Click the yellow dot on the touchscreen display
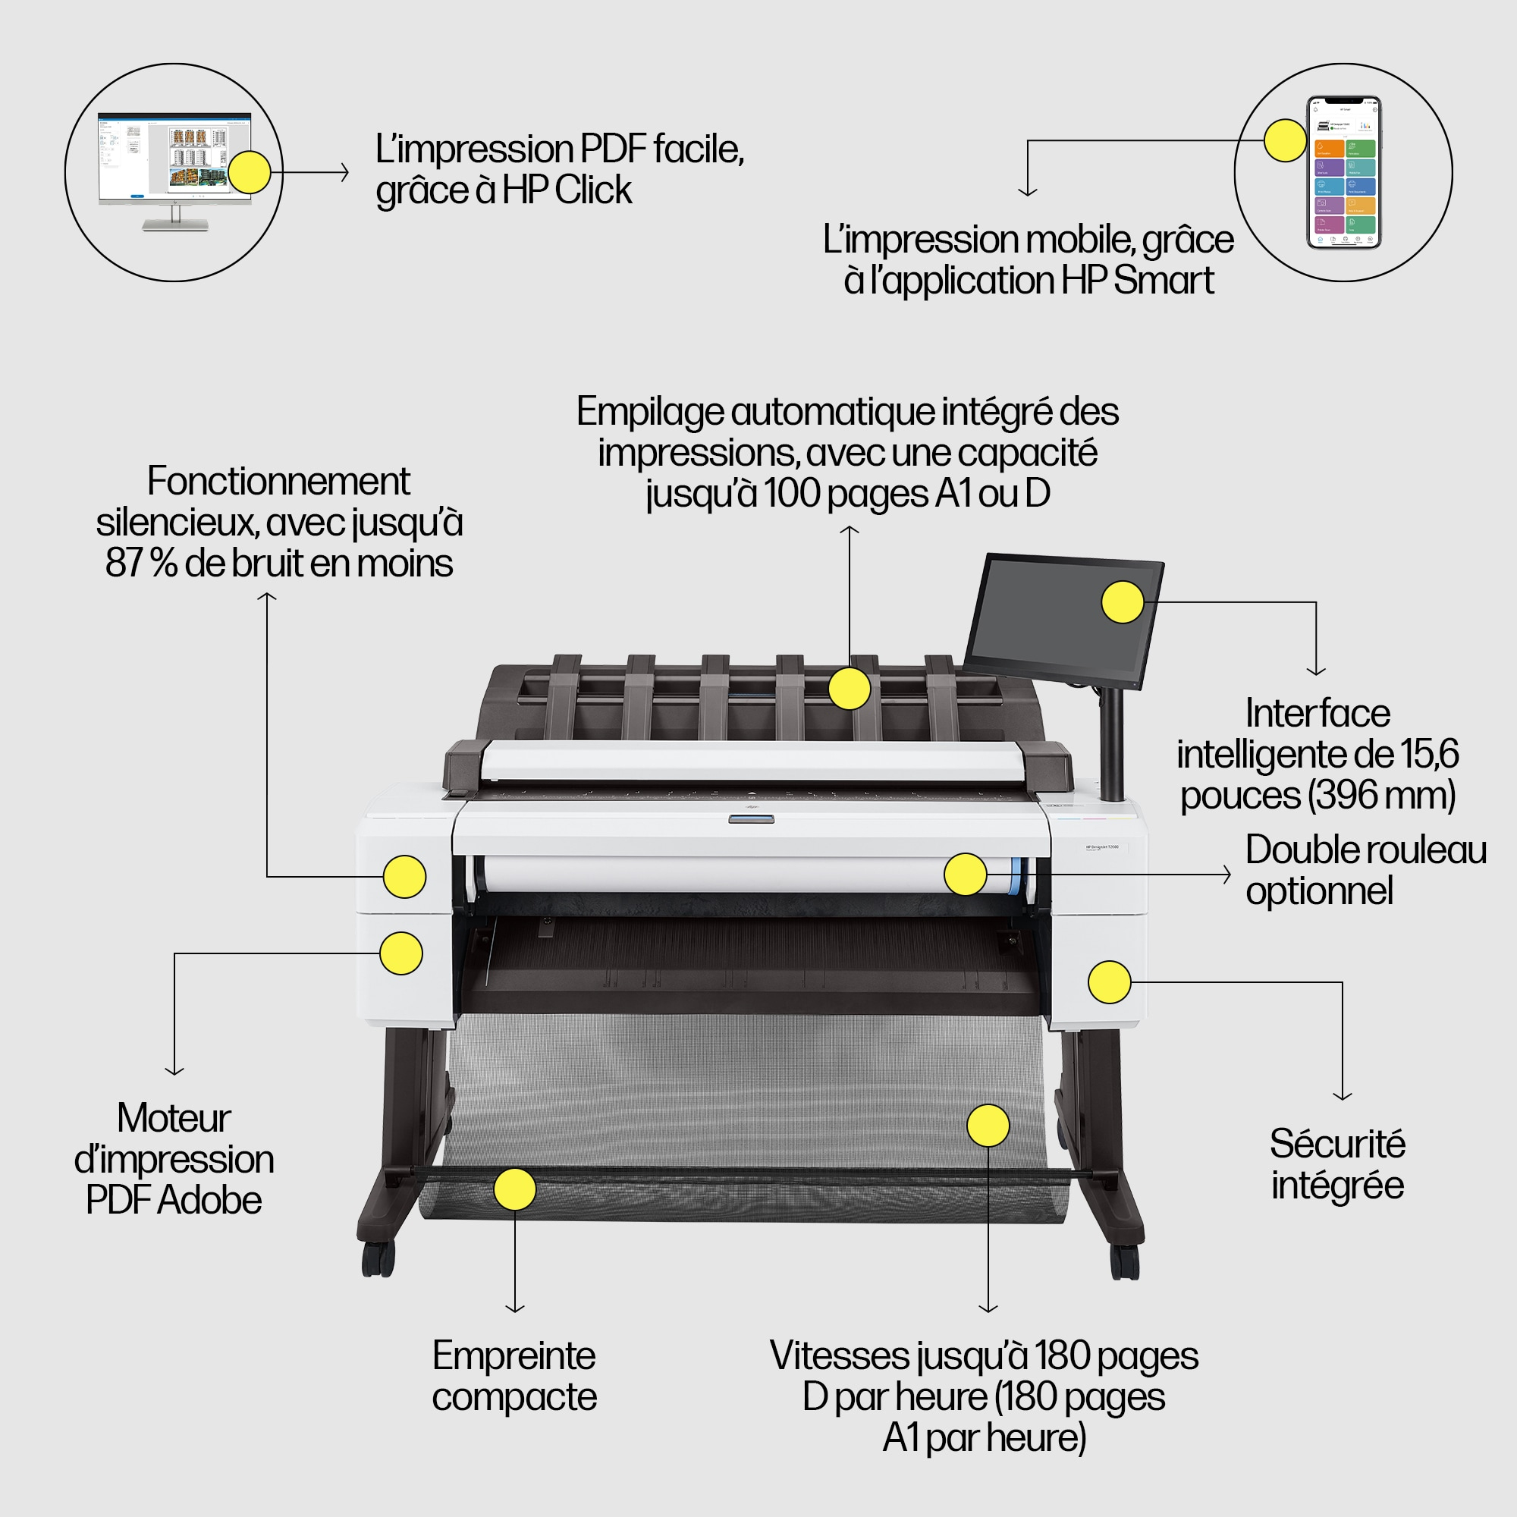click(1122, 602)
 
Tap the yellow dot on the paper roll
click(965, 874)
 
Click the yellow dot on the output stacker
click(850, 689)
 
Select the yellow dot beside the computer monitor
click(249, 172)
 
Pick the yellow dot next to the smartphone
click(1286, 140)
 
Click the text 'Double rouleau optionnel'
click(1365, 870)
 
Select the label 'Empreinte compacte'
click(514, 1376)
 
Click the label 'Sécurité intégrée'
click(1337, 1164)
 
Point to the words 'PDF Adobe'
click(174, 1200)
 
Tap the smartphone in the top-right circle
click(1343, 172)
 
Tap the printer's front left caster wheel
click(378, 1258)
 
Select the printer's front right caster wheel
click(1124, 1262)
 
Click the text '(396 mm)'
click(1381, 795)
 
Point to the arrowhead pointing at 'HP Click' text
click(345, 172)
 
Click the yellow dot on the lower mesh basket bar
click(514, 1189)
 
